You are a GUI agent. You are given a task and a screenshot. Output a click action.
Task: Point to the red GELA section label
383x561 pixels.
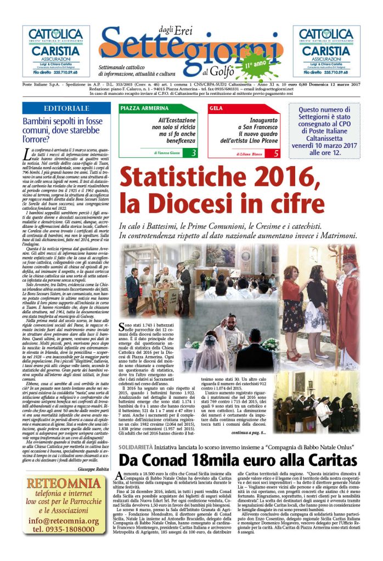[x=216, y=108]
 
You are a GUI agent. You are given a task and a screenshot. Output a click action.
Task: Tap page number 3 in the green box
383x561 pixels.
[x=193, y=153]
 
